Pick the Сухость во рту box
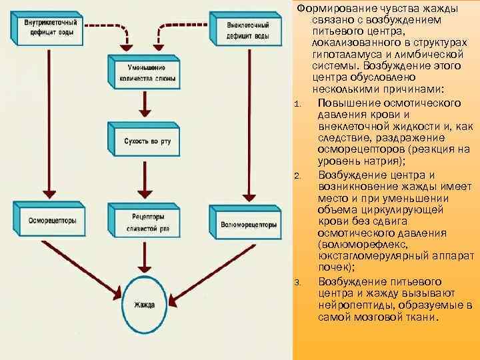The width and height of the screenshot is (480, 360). click(142, 141)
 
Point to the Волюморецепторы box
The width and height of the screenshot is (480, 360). click(247, 224)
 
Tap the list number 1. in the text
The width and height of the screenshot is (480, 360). click(297, 103)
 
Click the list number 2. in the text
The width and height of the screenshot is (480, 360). click(297, 175)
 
